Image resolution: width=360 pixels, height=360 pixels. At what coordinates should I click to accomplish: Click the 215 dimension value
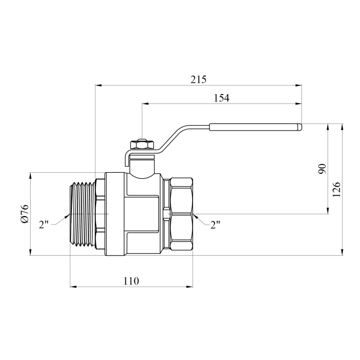[198, 80]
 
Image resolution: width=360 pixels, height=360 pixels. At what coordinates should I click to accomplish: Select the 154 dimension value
[222, 98]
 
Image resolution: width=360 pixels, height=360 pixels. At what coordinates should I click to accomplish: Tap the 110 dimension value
[131, 281]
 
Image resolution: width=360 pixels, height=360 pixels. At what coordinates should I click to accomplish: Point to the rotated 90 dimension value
[322, 169]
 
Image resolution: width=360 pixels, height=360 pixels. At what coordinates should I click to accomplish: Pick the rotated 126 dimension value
[336, 189]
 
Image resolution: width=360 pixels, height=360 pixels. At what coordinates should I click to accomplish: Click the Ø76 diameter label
[25, 213]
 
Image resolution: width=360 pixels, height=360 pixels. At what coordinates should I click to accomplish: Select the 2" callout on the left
[44, 224]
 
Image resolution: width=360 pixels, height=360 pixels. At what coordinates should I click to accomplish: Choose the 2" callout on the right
[216, 225]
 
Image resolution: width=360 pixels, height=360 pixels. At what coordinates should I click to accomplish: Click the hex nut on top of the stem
[142, 144]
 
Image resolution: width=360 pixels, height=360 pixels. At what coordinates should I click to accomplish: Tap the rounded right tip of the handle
[300, 127]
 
